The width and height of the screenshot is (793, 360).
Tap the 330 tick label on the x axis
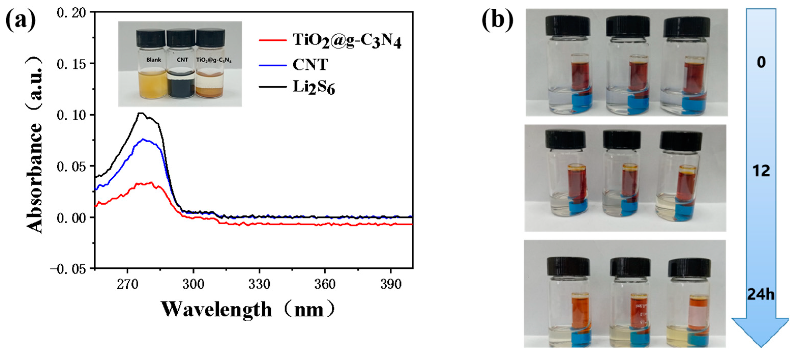[259, 284]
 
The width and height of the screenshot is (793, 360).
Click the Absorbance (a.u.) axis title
[35, 145]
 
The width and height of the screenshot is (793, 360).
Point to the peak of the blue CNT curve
[143, 139]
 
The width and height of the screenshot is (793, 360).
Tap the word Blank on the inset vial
[154, 60]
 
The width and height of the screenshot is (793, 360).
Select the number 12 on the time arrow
[761, 170]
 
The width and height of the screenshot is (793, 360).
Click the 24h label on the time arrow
[761, 295]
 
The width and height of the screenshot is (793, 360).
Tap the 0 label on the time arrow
[761, 63]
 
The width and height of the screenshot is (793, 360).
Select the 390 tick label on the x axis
[391, 284]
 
